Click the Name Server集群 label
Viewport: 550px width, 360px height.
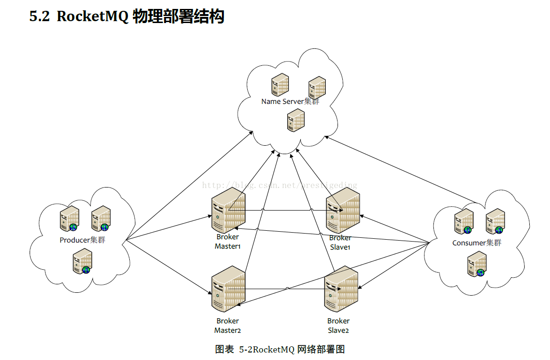click(290, 102)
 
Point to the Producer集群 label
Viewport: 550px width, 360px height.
click(82, 240)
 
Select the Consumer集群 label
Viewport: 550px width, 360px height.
click(477, 243)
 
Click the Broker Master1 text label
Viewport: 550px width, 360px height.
click(228, 242)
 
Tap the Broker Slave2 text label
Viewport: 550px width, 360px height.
click(338, 325)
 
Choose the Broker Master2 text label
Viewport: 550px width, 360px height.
click(228, 325)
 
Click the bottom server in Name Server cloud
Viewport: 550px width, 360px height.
click(296, 120)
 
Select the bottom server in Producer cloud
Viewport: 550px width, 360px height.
click(82, 262)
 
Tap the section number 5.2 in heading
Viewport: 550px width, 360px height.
click(39, 17)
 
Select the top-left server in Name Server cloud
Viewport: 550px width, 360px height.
click(280, 85)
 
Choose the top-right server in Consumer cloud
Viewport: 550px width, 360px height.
click(495, 221)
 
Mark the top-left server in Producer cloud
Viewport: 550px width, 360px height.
click(69, 219)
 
